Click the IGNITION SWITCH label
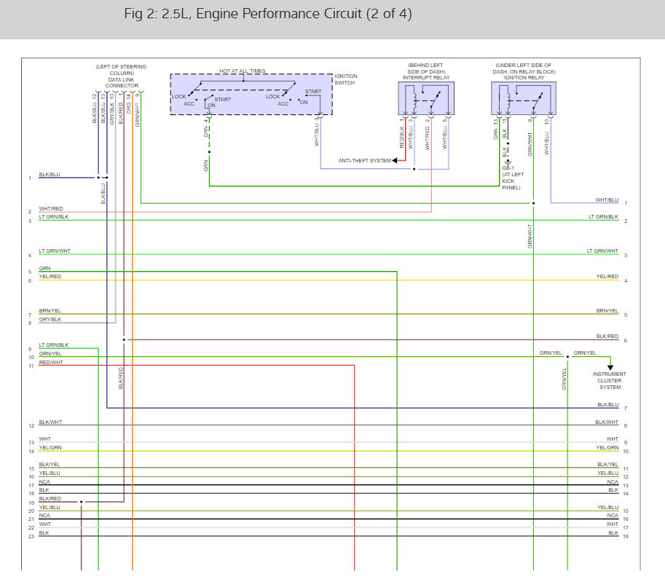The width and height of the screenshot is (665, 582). tap(345, 79)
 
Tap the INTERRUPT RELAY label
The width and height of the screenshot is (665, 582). tap(425, 76)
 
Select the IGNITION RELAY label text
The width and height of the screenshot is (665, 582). tap(522, 76)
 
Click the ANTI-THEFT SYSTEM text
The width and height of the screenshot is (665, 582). tap(364, 161)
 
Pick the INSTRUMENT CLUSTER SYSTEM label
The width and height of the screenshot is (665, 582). tap(610, 381)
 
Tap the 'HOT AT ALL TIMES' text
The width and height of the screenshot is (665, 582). tap(243, 71)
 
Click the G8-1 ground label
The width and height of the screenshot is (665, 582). tap(508, 168)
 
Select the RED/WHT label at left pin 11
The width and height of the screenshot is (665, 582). tap(51, 362)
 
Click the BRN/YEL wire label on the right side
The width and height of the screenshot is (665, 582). tap(607, 311)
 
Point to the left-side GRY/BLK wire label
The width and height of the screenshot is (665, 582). tap(50, 319)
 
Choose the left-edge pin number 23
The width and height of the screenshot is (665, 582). tap(31, 536)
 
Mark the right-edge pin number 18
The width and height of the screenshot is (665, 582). tap(625, 536)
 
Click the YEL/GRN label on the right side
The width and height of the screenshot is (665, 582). tap(607, 448)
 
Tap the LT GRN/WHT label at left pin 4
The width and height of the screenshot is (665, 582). tap(55, 251)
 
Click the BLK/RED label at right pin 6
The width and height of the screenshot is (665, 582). tap(607, 337)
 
